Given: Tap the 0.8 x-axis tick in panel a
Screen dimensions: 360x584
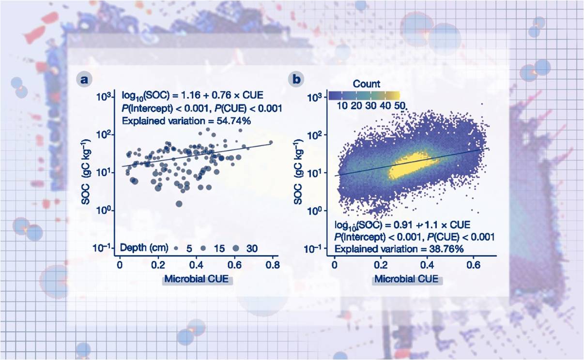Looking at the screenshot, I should pyautogui.click(x=273, y=265).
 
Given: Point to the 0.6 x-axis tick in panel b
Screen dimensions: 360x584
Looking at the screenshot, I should pyautogui.click(x=472, y=265).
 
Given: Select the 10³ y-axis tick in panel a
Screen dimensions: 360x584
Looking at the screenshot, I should pyautogui.click(x=104, y=96).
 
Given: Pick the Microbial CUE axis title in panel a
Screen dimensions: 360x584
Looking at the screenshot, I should pyautogui.click(x=198, y=279).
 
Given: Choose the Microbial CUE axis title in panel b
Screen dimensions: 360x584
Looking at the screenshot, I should pyautogui.click(x=406, y=279).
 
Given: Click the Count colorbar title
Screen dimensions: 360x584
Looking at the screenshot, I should pyautogui.click(x=366, y=84).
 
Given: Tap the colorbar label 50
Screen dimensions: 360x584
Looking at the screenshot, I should pyautogui.click(x=400, y=105).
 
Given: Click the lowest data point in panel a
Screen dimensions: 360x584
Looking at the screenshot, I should pyautogui.click(x=179, y=204).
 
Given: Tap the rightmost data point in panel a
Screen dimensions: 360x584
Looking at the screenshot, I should pyautogui.click(x=271, y=142).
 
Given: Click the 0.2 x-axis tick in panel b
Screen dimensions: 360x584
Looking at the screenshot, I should pyautogui.click(x=381, y=265).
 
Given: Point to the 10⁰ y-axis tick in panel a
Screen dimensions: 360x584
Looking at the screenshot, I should pyautogui.click(x=106, y=210).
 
